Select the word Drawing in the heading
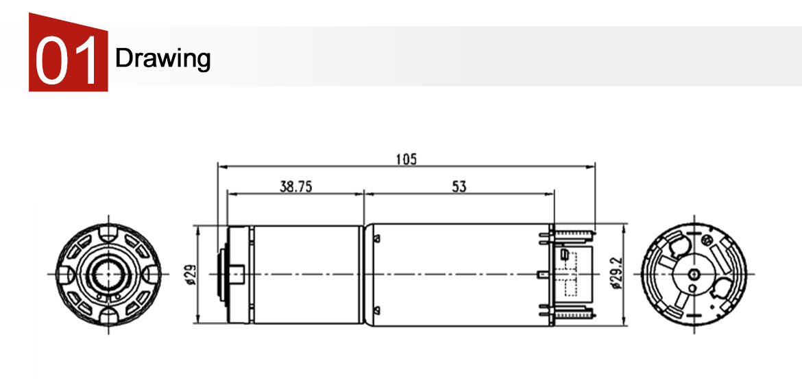click(x=162, y=58)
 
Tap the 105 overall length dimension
click(x=406, y=159)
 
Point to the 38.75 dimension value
click(x=295, y=187)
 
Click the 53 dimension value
click(x=459, y=187)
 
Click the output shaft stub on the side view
click(x=238, y=274)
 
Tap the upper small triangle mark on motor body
click(x=377, y=238)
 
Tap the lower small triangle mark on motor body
click(x=377, y=310)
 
